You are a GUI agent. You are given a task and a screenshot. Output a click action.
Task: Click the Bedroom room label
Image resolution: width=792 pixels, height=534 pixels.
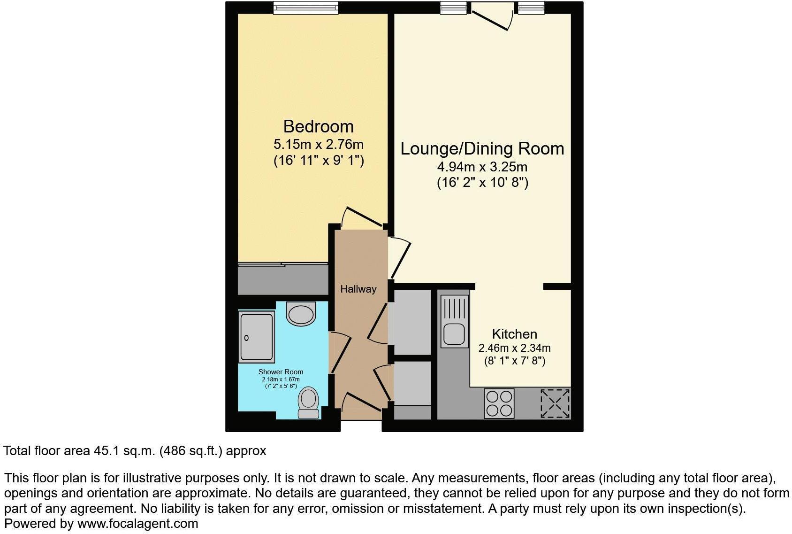coord(318,126)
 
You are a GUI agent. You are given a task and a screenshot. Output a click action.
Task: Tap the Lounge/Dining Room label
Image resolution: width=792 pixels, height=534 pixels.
coord(482,148)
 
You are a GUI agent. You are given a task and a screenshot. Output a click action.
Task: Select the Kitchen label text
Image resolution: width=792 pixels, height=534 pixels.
coord(514,334)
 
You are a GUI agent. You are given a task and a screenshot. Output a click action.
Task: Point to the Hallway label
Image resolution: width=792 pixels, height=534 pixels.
coord(358,289)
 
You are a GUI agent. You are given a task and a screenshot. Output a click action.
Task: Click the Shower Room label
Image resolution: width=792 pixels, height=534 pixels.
coord(281,372)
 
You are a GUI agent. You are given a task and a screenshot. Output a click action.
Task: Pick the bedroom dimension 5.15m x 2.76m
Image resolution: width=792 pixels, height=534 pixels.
coord(318,144)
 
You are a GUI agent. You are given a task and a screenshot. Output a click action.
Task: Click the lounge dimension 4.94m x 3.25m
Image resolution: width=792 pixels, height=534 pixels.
coord(482,167)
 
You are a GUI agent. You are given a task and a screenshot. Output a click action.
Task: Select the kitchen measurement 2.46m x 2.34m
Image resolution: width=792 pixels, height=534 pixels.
coord(514,348)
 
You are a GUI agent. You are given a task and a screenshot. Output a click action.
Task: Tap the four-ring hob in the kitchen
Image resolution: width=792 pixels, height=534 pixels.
coord(499,403)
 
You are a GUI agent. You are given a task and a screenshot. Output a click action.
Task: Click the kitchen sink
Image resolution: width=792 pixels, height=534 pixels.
coord(454,322)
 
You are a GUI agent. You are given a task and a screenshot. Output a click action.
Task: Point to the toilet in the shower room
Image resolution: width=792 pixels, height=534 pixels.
coord(309,403)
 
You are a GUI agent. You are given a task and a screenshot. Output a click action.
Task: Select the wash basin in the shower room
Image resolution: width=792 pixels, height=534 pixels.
coord(301,313)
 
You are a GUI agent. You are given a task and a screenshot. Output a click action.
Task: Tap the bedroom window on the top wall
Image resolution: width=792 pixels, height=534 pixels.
coord(305,8)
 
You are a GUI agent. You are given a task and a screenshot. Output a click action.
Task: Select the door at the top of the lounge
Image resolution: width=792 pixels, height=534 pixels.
coord(491,15)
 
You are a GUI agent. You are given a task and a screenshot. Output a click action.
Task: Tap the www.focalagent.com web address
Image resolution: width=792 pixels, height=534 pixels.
coord(137,523)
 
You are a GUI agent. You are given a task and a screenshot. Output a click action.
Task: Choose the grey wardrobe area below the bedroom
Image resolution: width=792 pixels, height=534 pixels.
coord(282,280)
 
